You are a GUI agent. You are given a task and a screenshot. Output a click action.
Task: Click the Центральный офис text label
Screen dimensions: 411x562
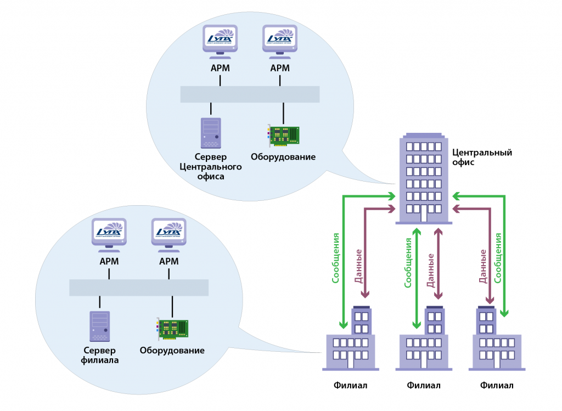[x=481, y=157]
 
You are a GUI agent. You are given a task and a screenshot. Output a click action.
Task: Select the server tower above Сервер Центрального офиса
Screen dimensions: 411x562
[x=211, y=133]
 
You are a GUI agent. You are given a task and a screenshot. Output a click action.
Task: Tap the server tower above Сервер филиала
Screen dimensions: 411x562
[x=99, y=326]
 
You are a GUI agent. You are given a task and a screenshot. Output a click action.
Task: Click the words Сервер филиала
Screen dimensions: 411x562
[x=99, y=355]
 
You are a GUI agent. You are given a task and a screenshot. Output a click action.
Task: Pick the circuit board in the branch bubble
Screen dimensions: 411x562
[x=173, y=329]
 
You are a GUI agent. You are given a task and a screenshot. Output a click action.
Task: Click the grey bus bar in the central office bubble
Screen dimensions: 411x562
[x=250, y=94]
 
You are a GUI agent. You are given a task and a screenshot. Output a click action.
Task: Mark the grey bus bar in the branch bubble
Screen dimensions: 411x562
[x=139, y=288]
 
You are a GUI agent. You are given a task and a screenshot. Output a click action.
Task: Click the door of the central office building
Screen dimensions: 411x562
[x=424, y=215]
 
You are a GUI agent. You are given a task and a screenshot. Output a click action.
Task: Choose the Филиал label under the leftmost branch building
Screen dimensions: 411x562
[x=350, y=385]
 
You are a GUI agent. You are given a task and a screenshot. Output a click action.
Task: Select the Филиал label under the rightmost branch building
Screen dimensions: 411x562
[x=497, y=385]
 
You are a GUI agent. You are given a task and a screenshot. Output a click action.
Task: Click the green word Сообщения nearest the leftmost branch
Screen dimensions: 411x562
[x=336, y=258]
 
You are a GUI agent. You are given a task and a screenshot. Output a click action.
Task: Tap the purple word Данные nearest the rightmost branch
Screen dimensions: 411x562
[x=483, y=266]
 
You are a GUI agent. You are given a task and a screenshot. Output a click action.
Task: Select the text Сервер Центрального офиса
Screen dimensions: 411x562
[x=211, y=167]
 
